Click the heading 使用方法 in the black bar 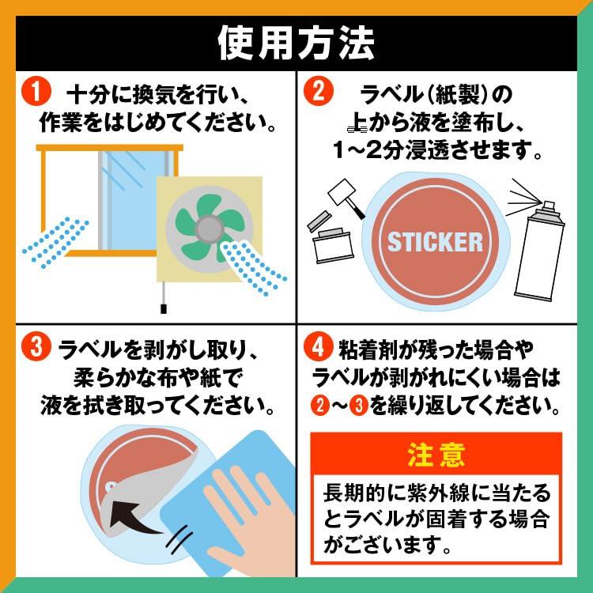(296, 43)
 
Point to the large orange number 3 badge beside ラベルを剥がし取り (36, 346)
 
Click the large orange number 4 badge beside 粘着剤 (319, 346)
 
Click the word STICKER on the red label (436, 242)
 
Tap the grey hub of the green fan (210, 229)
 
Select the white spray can (539, 250)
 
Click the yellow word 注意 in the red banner (436, 455)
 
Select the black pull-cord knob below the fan (164, 308)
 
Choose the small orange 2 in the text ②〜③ (320, 405)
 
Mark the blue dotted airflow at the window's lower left (55, 242)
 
